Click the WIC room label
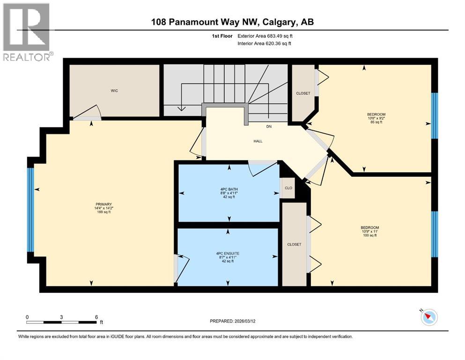coord(114,90)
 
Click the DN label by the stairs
coord(269,127)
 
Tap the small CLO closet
coord(288,187)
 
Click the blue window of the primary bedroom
coord(31,210)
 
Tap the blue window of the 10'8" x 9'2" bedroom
coord(434,115)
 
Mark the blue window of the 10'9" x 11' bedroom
coord(434,234)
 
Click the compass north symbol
coord(428,317)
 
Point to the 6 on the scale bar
coord(96,317)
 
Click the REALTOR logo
coord(28,32)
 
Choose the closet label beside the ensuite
coord(295,244)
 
